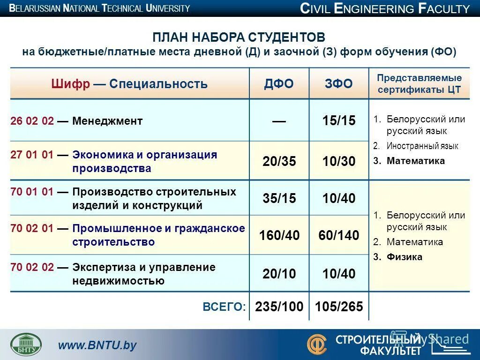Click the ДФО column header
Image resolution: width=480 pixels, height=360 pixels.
[x=278, y=84]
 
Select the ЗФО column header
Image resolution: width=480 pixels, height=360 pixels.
[x=338, y=84]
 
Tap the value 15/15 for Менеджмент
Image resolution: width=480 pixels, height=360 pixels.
[x=338, y=121]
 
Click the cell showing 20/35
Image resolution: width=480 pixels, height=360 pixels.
[x=279, y=161]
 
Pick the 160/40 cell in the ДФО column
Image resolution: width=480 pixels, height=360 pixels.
[x=279, y=235]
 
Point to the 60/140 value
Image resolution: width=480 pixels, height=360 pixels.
[x=338, y=235]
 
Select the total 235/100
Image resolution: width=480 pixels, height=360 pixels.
[x=279, y=307]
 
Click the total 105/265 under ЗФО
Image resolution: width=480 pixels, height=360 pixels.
[x=339, y=307]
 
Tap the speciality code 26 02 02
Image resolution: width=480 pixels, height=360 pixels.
[x=32, y=121]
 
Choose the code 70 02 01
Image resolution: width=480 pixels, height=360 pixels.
[x=32, y=229]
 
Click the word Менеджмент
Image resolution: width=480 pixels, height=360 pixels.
[x=107, y=121]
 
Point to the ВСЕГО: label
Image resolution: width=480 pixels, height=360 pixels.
[x=224, y=307]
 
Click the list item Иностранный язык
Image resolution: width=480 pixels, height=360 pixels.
[x=422, y=146]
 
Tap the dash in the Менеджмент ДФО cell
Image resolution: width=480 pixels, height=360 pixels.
[x=279, y=121]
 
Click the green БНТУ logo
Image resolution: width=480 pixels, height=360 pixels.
[x=26, y=344]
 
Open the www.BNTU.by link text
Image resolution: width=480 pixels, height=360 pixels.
[x=97, y=345]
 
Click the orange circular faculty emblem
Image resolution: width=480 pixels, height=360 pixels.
[x=317, y=344]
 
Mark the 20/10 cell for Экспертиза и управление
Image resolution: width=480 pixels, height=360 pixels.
[x=279, y=274]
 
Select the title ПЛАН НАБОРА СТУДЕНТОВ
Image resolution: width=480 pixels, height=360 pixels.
[x=239, y=37]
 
